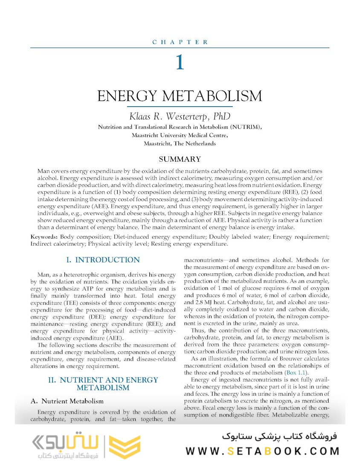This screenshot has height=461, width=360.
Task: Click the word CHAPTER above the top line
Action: tap(180, 42)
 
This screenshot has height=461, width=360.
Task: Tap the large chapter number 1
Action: tap(180, 62)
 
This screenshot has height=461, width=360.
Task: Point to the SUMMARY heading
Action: tap(180, 159)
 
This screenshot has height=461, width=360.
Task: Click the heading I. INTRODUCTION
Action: tap(103, 260)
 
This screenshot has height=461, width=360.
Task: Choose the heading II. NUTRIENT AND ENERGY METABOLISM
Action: tap(103, 384)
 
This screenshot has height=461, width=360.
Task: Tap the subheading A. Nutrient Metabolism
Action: tap(67, 401)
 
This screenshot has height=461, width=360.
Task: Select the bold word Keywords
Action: tap(44, 237)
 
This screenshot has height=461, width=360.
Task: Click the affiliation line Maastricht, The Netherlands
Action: tap(180, 143)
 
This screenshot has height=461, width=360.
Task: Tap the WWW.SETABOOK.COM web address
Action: tap(262, 451)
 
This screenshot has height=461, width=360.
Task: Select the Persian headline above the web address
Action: tap(279, 436)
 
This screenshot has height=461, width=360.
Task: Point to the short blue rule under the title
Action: tap(180, 106)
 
